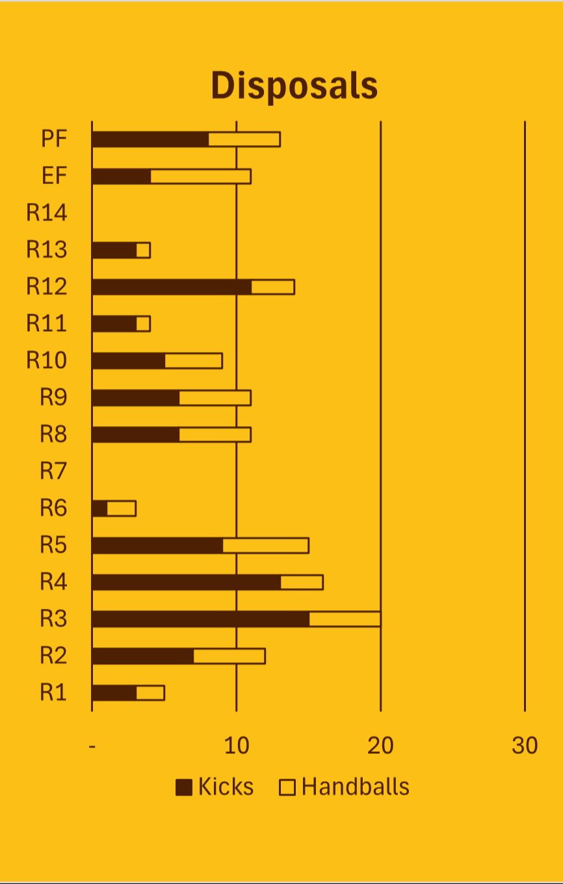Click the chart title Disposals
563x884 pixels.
coord(295,85)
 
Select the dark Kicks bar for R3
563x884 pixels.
coord(201,619)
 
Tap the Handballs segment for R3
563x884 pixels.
coord(345,619)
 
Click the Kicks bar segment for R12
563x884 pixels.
coord(172,287)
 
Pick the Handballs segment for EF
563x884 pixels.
coord(201,176)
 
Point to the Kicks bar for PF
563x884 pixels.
coord(150,139)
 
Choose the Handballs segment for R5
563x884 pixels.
coord(265,545)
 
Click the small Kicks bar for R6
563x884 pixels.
coord(100,508)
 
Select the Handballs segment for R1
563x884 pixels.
coord(150,693)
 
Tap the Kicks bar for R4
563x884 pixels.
coord(187,582)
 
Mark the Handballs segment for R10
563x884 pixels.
coord(194,360)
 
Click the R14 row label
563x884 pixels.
coord(47,213)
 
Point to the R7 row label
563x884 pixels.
coord(53,471)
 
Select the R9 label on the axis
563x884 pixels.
coord(53,397)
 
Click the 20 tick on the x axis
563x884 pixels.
coord(380,746)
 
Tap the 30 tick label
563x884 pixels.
coord(525,746)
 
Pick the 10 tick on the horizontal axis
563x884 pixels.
coord(237,746)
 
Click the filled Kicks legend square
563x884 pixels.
coord(184,788)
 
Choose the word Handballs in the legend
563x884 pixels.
coord(356,787)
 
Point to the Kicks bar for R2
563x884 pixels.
coord(143,656)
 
